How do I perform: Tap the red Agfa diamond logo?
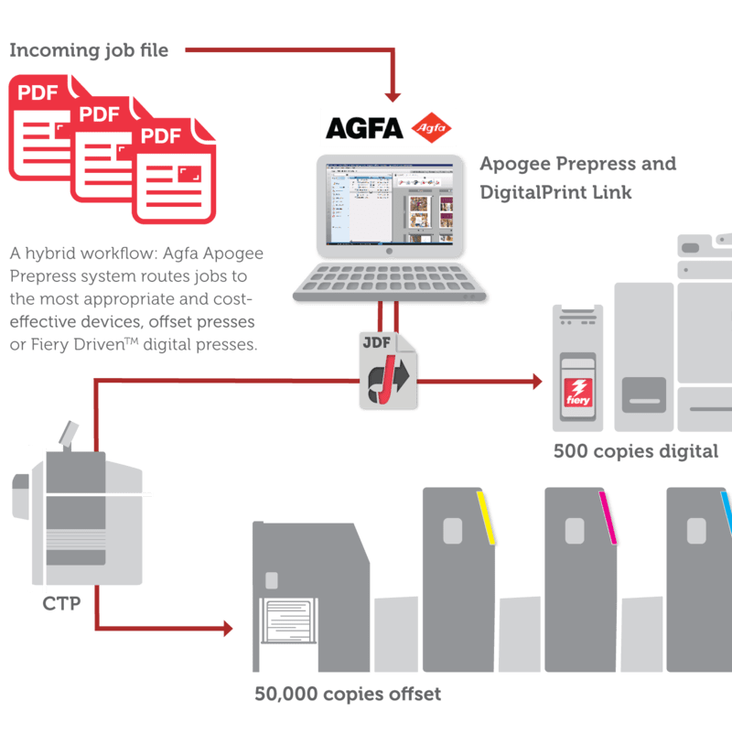(431, 127)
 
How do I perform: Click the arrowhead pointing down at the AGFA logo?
(393, 94)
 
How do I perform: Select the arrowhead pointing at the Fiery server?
(536, 380)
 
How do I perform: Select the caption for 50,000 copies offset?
(348, 695)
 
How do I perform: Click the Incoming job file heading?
(89, 51)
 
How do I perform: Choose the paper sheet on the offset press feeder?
(290, 619)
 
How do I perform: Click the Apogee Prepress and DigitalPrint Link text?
(578, 178)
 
